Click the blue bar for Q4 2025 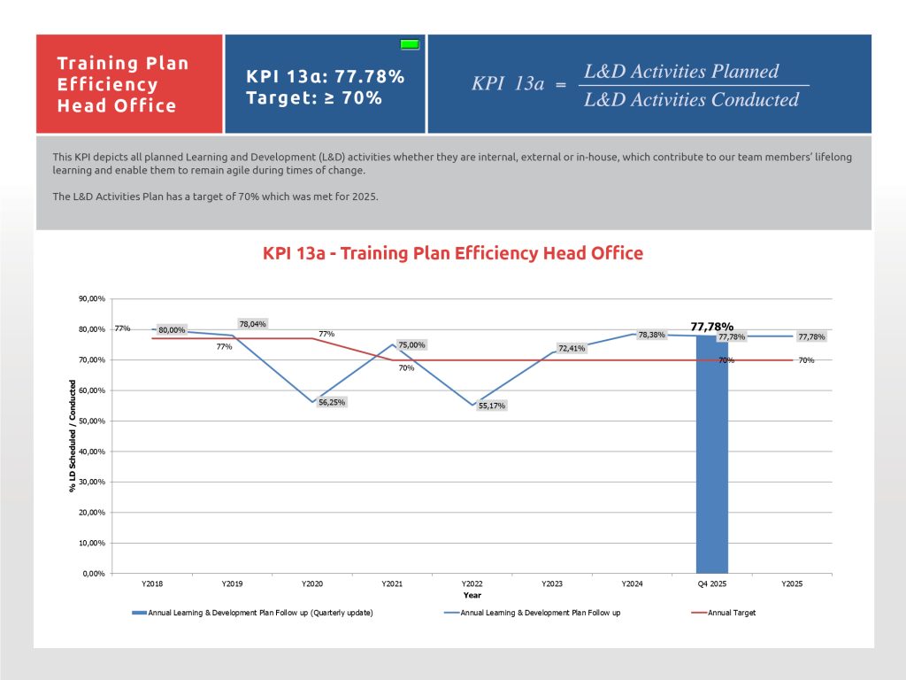coord(711,460)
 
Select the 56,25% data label coord(332,402)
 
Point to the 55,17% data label coord(492,406)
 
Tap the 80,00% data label coord(172,330)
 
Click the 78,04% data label coord(252,323)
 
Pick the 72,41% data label coord(572,348)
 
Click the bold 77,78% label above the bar coord(711,326)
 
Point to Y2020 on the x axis coord(312,584)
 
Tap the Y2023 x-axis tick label coord(552,584)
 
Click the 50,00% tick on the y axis coord(92,421)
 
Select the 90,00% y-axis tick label coord(92,299)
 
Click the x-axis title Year coord(472,595)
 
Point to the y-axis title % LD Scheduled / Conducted coord(73,437)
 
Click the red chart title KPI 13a coord(452,253)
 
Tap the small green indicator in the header coord(410,43)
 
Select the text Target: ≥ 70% coord(314,97)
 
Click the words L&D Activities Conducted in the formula coord(691,99)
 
